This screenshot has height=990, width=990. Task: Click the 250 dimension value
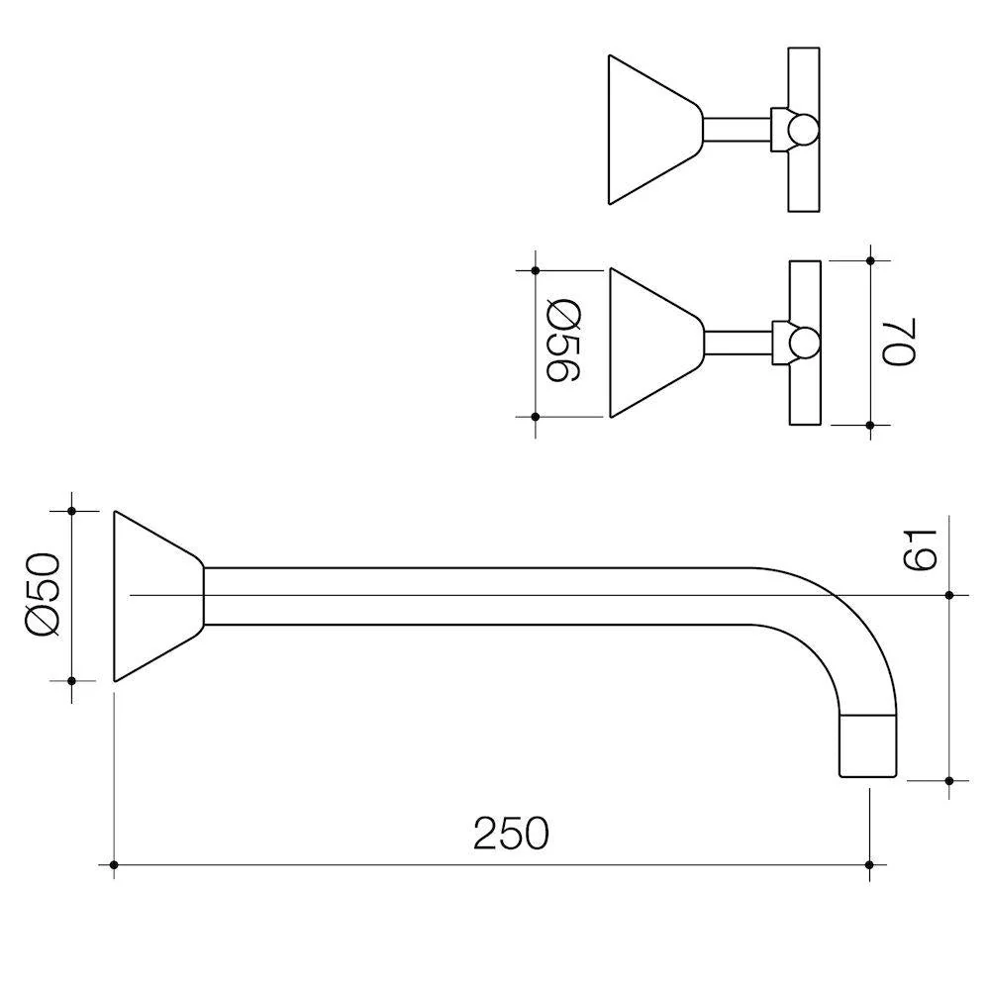[x=512, y=834]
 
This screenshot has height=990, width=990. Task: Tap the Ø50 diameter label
[x=43, y=594]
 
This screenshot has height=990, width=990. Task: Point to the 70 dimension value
[x=899, y=343]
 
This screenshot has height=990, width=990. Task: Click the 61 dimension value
[x=921, y=550]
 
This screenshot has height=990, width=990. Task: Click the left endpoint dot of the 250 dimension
[x=114, y=864]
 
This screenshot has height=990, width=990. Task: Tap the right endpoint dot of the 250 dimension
[x=869, y=864]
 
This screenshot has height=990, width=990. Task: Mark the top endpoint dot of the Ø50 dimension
[x=71, y=511]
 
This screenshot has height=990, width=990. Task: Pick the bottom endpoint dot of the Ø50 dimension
[x=71, y=681]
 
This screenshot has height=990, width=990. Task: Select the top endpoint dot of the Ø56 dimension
[x=536, y=270]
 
